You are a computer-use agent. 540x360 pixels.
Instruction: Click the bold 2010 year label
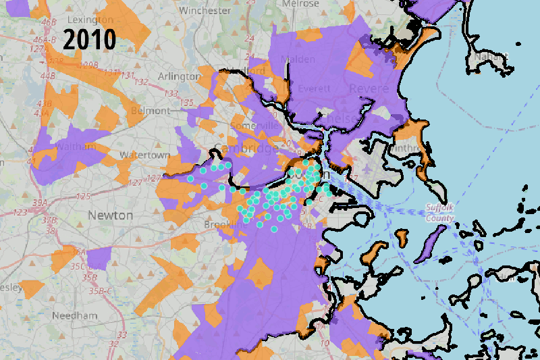pyautogui.click(x=90, y=40)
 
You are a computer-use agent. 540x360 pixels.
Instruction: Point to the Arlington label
pyautogui.click(x=179, y=76)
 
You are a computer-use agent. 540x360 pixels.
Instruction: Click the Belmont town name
pyautogui.click(x=152, y=110)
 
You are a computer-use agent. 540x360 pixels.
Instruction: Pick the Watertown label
pyautogui.click(x=144, y=155)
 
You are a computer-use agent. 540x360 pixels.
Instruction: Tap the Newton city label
pyautogui.click(x=110, y=215)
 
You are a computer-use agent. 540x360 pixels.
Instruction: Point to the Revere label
pyautogui.click(x=369, y=88)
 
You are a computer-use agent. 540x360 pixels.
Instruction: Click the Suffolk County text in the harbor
pyautogui.click(x=439, y=212)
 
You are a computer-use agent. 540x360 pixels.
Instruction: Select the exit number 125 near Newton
pyautogui.click(x=84, y=197)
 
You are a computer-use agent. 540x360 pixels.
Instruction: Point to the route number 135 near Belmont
pyautogui.click(x=187, y=102)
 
